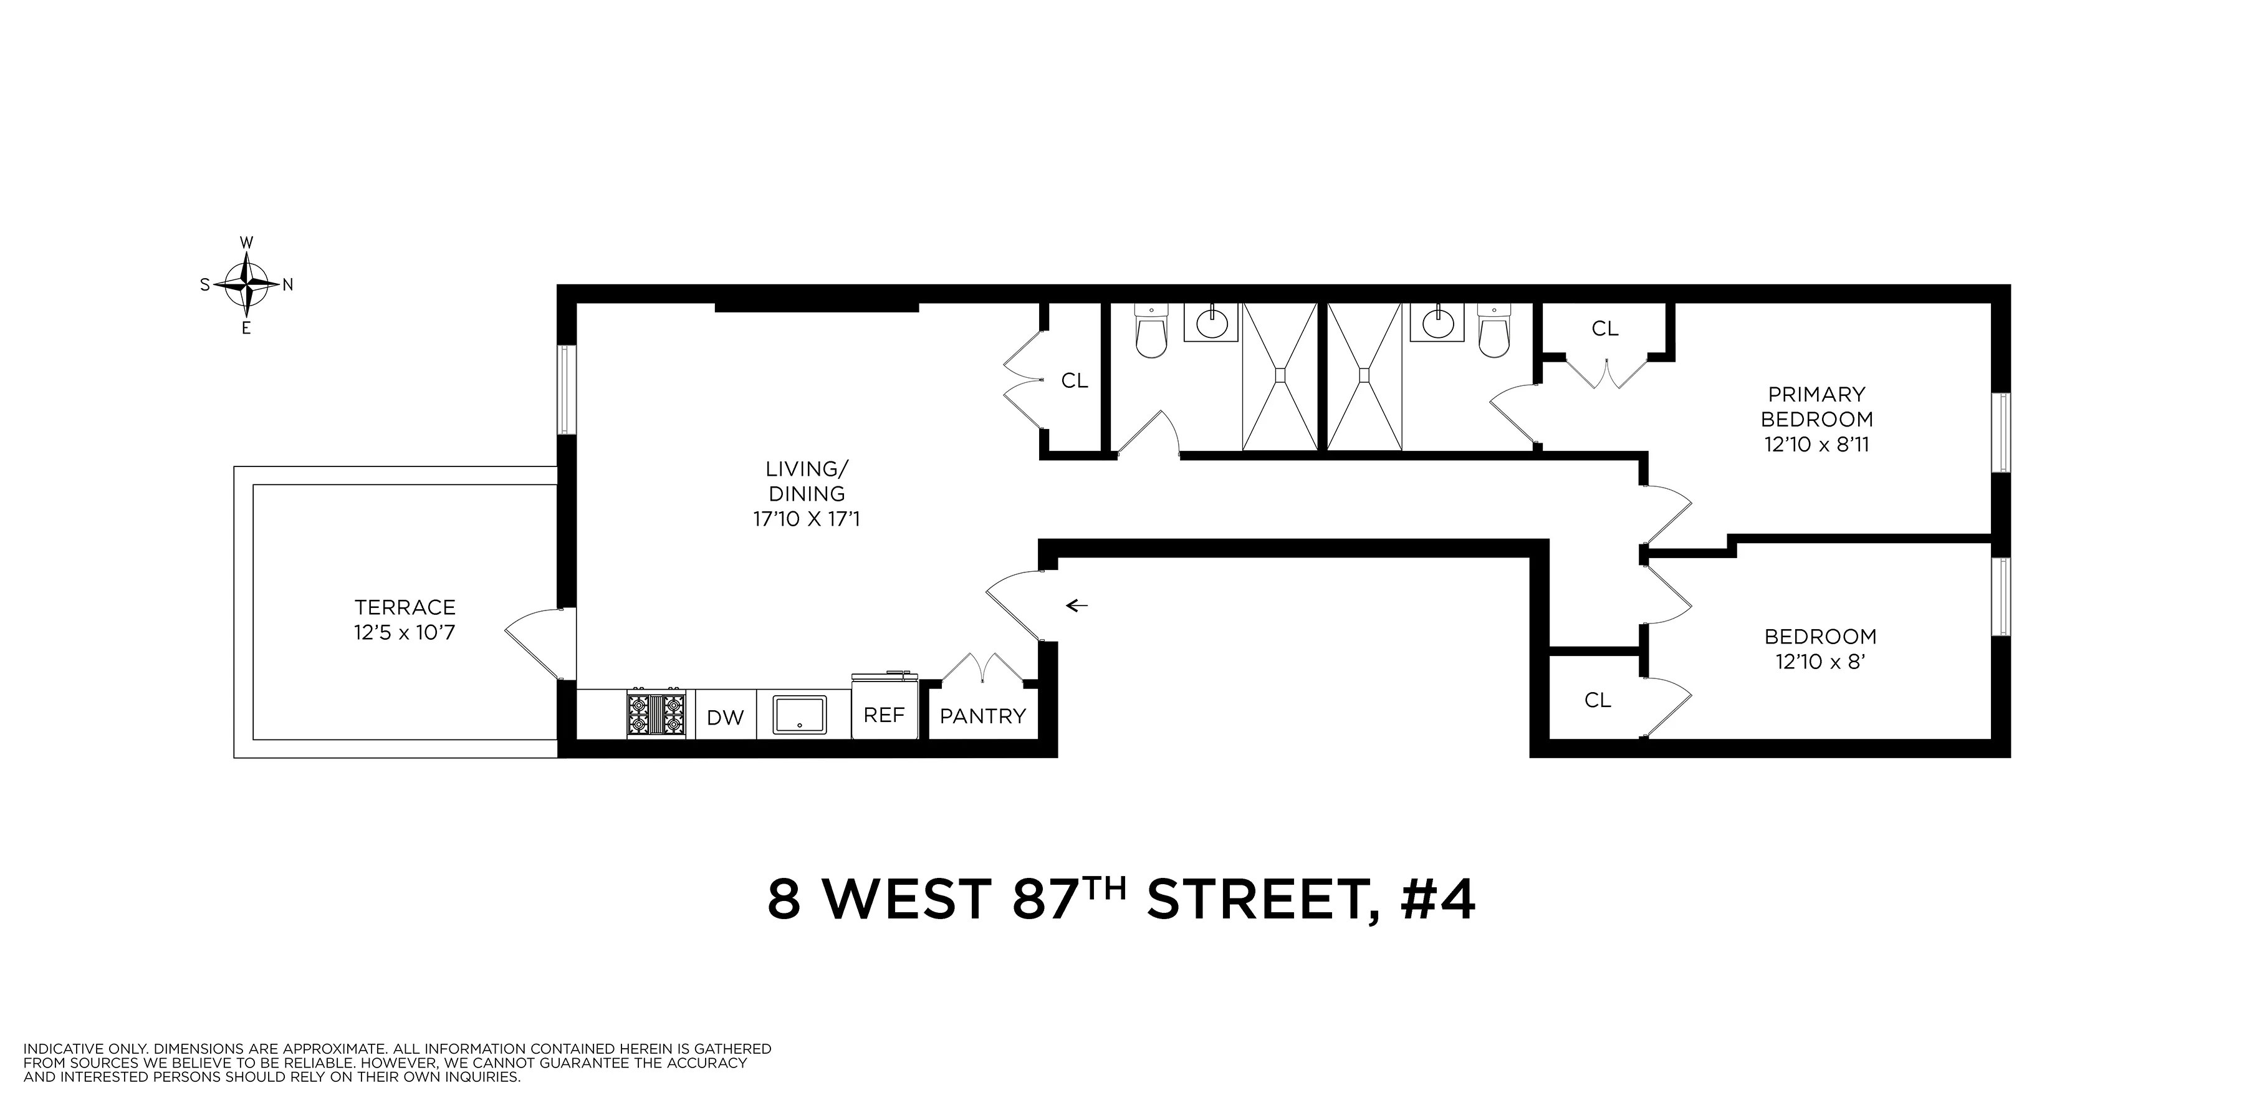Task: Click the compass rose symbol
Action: tap(247, 285)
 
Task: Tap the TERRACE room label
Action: tap(405, 607)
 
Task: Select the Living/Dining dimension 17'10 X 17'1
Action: tap(806, 520)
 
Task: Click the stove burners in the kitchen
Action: tap(656, 715)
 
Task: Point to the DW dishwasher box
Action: tap(725, 717)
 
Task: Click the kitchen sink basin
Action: tap(800, 715)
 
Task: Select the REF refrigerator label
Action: tap(883, 715)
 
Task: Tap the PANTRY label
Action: tap(982, 716)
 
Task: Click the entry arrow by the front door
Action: tap(1078, 605)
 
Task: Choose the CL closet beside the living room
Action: tap(1074, 380)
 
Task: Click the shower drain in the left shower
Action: tap(1280, 375)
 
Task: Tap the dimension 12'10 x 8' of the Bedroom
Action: tap(1818, 662)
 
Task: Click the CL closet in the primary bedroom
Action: tap(1604, 329)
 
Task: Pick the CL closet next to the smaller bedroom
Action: tap(1598, 700)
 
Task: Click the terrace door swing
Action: tap(533, 640)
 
